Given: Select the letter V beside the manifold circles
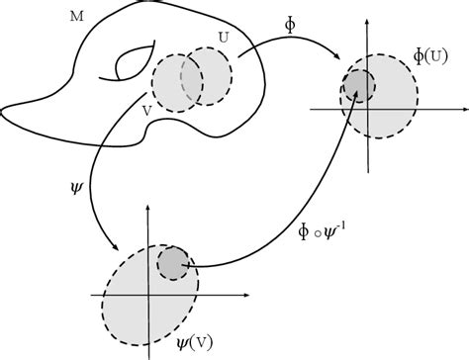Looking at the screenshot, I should pyautogui.click(x=146, y=110).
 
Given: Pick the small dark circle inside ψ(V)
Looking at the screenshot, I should pyautogui.click(x=173, y=262).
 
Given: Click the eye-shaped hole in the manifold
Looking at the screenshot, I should pyautogui.click(x=131, y=66).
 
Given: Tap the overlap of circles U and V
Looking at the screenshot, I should pyautogui.click(x=193, y=82).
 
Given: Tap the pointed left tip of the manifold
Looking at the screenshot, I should pyautogui.click(x=5, y=104).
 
